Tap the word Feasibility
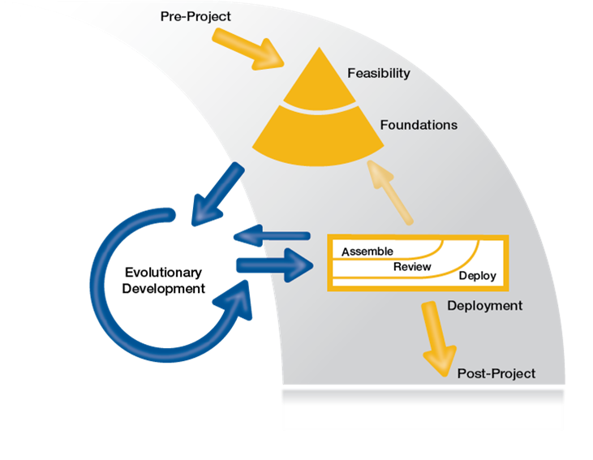(x=379, y=73)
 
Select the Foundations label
(x=419, y=125)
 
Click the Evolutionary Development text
(x=164, y=280)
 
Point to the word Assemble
(x=367, y=252)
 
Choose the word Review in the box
(x=412, y=266)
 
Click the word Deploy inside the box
(x=477, y=277)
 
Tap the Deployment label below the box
(x=484, y=306)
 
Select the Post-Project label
(x=496, y=373)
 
